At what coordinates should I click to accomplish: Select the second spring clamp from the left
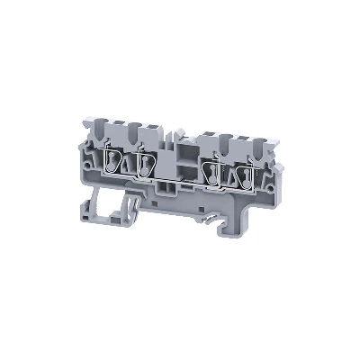point(145,165)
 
